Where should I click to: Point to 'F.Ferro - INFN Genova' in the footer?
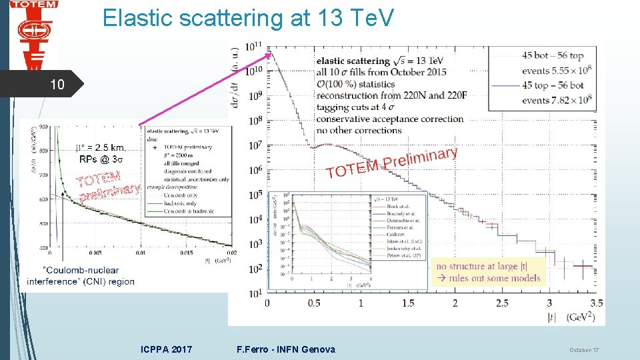point(286,349)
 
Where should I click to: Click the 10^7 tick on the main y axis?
point(252,145)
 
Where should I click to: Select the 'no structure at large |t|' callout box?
point(489,272)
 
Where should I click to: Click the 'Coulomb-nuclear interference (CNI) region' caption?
point(81,275)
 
